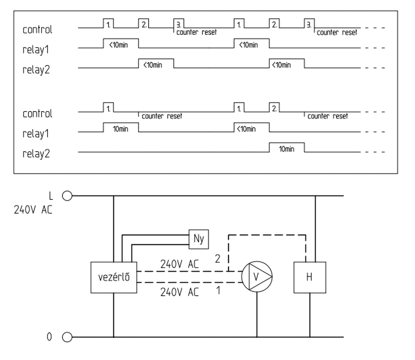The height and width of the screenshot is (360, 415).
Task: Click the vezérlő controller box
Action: pyautogui.click(x=114, y=277)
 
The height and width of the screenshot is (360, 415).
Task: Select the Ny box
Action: pyautogui.click(x=199, y=239)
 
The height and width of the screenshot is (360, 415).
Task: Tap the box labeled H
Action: pyautogui.click(x=309, y=277)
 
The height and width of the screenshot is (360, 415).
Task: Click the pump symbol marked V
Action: pyautogui.click(x=257, y=277)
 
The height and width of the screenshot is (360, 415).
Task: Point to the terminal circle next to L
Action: pyautogui.click(x=67, y=196)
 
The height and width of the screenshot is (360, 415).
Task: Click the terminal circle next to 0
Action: pyautogui.click(x=67, y=337)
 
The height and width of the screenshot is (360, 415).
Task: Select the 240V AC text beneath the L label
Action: pyautogui.click(x=33, y=210)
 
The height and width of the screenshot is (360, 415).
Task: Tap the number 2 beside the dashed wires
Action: pyautogui.click(x=218, y=259)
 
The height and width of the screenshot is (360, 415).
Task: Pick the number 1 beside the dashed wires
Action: pyautogui.click(x=218, y=290)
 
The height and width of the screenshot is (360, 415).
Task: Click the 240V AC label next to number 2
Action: pyautogui.click(x=179, y=264)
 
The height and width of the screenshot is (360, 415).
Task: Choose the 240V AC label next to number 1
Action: pyautogui.click(x=179, y=292)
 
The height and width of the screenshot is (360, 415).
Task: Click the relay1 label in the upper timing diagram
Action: pyautogui.click(x=36, y=50)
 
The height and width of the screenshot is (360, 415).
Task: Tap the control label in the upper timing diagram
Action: pyautogui.click(x=37, y=30)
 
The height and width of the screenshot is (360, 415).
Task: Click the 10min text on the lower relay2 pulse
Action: pyautogui.click(x=287, y=149)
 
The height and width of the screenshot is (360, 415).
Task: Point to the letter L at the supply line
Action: pyautogui.click(x=51, y=196)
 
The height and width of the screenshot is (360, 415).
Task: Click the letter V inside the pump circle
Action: pyautogui.click(x=256, y=277)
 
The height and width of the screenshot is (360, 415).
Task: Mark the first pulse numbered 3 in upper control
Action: pyautogui.click(x=179, y=23)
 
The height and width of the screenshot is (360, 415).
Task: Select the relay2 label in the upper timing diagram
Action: pyautogui.click(x=36, y=70)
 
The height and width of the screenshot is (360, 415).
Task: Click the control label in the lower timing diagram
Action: pyautogui.click(x=37, y=114)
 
